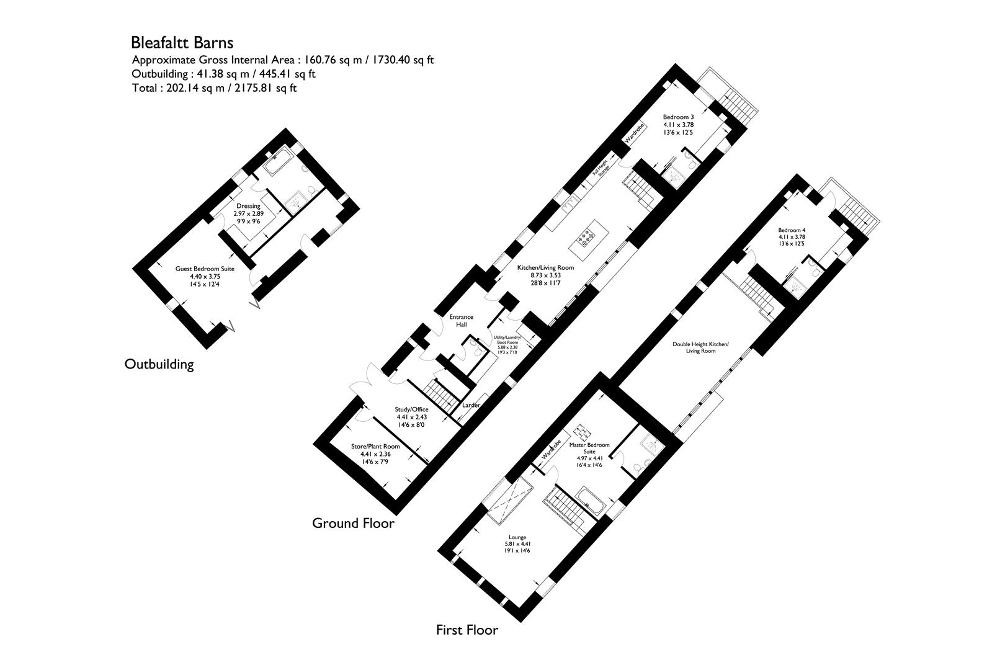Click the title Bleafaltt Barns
[x=182, y=43]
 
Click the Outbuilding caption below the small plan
[x=159, y=364]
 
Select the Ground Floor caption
[x=352, y=523]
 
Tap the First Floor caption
[x=467, y=630]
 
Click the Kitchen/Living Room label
[x=545, y=268]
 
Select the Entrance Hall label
[x=461, y=321]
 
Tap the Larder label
[x=471, y=405]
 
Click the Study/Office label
[x=412, y=409]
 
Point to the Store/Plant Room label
[x=375, y=446]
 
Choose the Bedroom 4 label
[x=792, y=230]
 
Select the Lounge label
[x=517, y=537]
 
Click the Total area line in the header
[x=215, y=88]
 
